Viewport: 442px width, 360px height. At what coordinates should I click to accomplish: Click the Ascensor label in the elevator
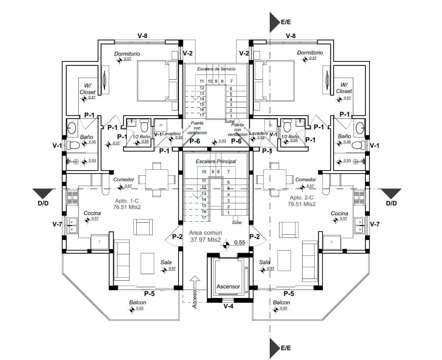(x=228, y=286)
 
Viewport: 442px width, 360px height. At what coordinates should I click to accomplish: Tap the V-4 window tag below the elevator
(x=228, y=306)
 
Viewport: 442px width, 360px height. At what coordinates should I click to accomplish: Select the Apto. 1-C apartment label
(x=127, y=201)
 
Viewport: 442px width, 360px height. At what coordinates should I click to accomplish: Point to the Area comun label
(x=205, y=233)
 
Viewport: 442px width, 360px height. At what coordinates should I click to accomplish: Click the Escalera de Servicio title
(x=216, y=69)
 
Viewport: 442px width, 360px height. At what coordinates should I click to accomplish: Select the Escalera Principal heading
(x=216, y=161)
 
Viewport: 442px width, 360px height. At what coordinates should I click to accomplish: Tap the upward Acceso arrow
(x=195, y=282)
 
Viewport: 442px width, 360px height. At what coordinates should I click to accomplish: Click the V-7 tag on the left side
(x=57, y=224)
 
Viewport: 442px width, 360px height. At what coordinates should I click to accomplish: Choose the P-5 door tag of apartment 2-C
(x=289, y=294)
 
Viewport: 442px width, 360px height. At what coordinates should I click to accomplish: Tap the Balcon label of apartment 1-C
(x=137, y=302)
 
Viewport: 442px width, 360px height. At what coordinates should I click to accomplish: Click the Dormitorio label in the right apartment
(x=310, y=52)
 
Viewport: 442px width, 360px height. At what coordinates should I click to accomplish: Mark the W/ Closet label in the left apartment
(x=87, y=89)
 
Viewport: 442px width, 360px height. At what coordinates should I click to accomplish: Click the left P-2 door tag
(x=177, y=236)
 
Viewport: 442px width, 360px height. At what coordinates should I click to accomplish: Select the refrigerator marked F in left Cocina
(x=99, y=242)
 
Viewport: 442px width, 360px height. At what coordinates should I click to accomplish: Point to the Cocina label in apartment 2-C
(x=339, y=213)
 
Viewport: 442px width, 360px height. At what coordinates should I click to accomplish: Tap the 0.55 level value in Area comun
(x=240, y=242)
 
